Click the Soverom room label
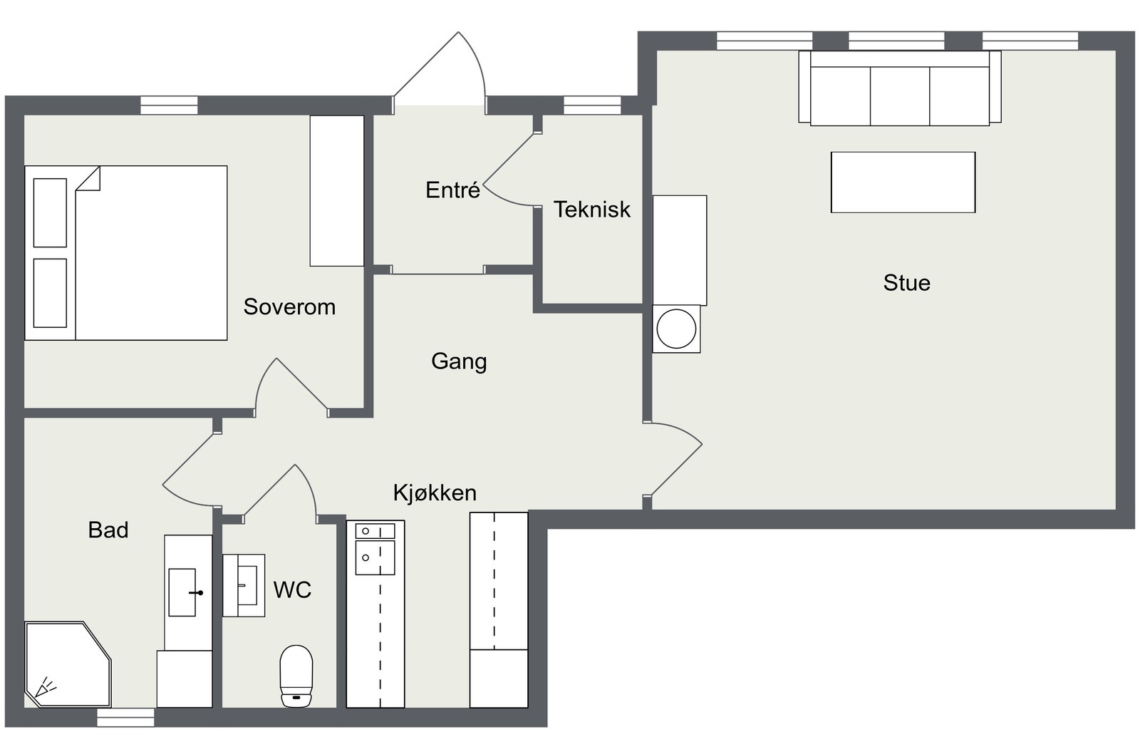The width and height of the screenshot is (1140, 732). (x=289, y=306)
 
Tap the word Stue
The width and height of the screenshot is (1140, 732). (x=906, y=283)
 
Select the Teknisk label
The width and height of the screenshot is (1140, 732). (x=592, y=210)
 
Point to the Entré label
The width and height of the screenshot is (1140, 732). (x=452, y=190)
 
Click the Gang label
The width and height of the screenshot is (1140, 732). (x=459, y=362)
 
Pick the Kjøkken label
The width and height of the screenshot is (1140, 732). (x=435, y=493)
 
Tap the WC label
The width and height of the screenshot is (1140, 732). (x=292, y=590)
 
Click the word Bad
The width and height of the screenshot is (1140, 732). (x=108, y=530)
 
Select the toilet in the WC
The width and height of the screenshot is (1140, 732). (x=296, y=676)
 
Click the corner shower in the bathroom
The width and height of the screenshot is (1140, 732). (x=68, y=664)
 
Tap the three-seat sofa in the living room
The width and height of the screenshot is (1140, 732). (x=899, y=88)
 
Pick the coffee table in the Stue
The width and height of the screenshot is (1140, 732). (x=903, y=182)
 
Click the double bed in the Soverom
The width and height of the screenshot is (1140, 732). (x=125, y=252)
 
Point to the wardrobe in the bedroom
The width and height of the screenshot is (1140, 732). (x=337, y=190)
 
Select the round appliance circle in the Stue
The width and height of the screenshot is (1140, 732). (x=676, y=329)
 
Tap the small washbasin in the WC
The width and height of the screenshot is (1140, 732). (x=244, y=585)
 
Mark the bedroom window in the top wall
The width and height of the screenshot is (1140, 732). (x=169, y=105)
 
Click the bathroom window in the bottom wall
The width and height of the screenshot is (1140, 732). (x=125, y=717)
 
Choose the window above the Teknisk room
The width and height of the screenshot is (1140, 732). (x=592, y=105)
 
